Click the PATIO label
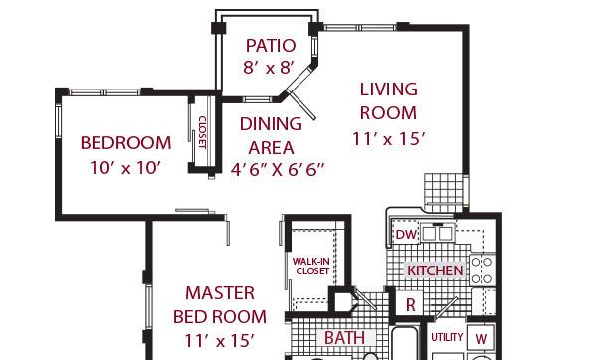click(271, 46)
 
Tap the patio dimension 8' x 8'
click(269, 68)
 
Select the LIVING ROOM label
click(388, 101)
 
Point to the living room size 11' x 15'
click(388, 139)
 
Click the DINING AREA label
click(271, 136)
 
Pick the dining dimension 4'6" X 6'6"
click(278, 169)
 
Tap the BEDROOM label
click(125, 143)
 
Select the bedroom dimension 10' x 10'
click(125, 168)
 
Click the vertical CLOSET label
click(202, 132)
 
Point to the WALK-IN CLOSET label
click(311, 267)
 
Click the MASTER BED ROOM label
click(220, 305)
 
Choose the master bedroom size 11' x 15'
click(220, 340)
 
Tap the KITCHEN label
click(435, 270)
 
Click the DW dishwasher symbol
click(406, 234)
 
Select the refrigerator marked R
click(410, 304)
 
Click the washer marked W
click(481, 339)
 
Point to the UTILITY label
click(447, 337)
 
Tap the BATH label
click(344, 338)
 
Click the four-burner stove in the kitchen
click(482, 270)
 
